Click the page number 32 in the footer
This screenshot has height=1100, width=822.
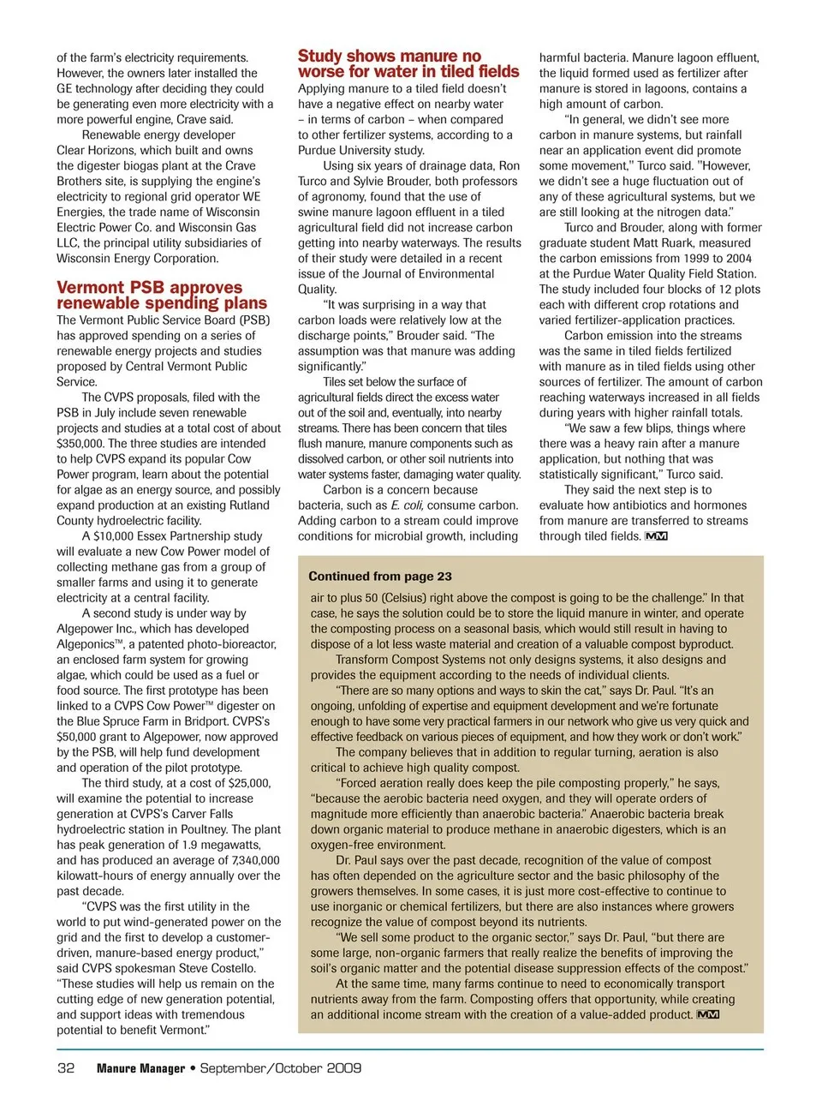pyautogui.click(x=66, y=1068)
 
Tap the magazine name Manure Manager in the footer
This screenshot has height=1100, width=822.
pyautogui.click(x=140, y=1068)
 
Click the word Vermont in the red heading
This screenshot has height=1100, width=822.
pyautogui.click(x=95, y=288)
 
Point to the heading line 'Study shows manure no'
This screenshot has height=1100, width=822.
pyautogui.click(x=389, y=57)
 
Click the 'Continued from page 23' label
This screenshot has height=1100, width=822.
pyautogui.click(x=379, y=577)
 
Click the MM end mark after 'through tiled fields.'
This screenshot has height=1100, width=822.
pyautogui.click(x=656, y=536)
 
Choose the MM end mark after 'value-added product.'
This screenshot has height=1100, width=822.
pyautogui.click(x=708, y=1015)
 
